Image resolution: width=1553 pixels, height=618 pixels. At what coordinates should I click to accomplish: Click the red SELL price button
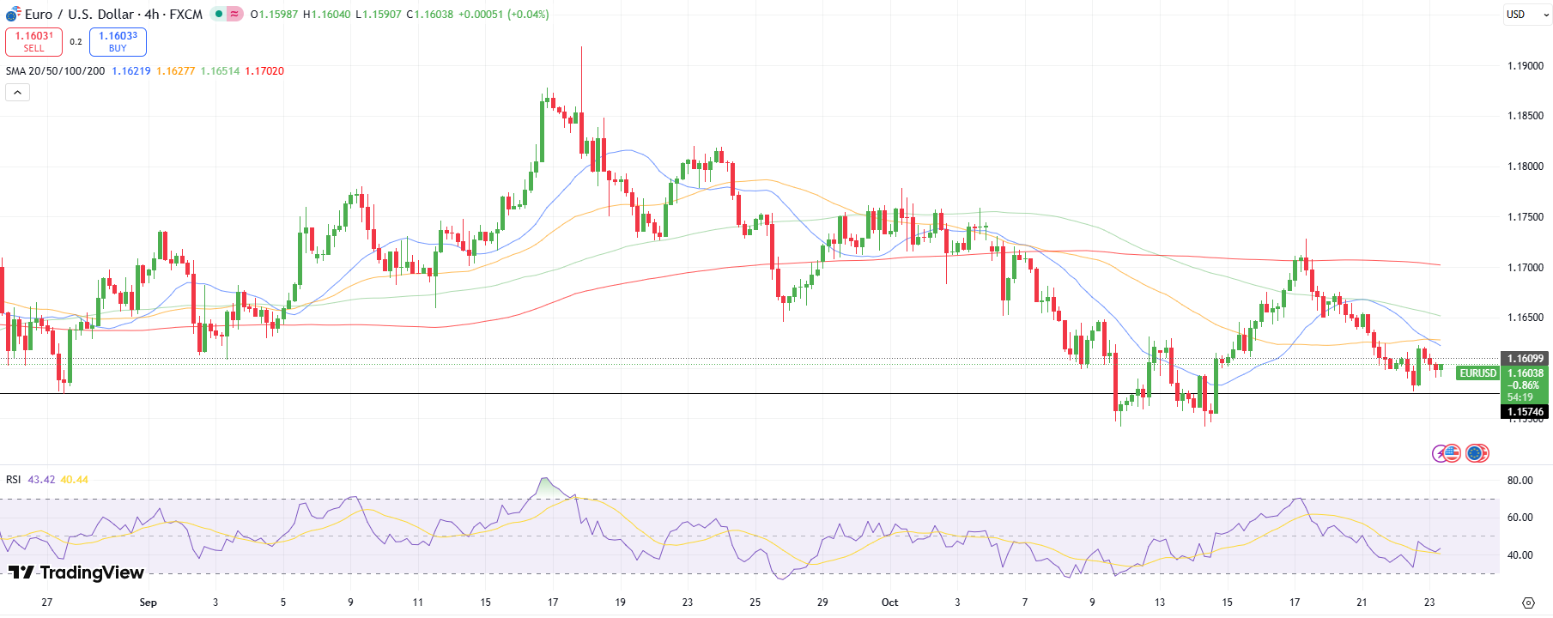point(33,41)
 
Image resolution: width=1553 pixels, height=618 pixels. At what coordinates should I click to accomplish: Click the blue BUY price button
point(118,41)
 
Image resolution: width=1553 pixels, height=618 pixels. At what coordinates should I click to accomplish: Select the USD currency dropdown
point(1526,15)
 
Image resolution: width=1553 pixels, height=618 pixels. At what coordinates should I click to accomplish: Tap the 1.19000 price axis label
point(1526,66)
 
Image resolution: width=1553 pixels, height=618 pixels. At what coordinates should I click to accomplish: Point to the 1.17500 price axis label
point(1526,217)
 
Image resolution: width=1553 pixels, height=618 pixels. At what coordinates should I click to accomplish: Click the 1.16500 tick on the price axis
point(1526,318)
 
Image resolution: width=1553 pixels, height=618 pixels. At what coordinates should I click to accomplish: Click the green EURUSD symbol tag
point(1477,373)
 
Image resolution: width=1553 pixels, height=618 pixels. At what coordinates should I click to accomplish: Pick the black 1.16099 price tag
point(1526,359)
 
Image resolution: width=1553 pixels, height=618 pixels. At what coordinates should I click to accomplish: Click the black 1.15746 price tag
point(1526,412)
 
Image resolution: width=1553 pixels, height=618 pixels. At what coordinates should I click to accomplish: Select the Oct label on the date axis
point(889,603)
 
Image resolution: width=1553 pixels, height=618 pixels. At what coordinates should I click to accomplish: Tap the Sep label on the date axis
point(148,603)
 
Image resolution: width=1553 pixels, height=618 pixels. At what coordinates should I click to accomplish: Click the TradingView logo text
point(76,573)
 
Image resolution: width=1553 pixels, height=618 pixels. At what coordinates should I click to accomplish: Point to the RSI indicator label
point(13,480)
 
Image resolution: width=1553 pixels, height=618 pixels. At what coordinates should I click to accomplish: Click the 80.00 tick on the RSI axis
point(1520,481)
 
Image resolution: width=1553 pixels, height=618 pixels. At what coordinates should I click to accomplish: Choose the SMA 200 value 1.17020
point(264,71)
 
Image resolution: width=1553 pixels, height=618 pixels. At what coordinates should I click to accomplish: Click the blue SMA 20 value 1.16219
point(130,71)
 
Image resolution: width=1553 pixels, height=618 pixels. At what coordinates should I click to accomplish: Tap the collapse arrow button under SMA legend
point(17,92)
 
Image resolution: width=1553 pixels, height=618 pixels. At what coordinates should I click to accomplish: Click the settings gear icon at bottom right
point(1528,603)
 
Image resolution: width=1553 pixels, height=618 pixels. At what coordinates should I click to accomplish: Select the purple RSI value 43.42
point(41,480)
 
